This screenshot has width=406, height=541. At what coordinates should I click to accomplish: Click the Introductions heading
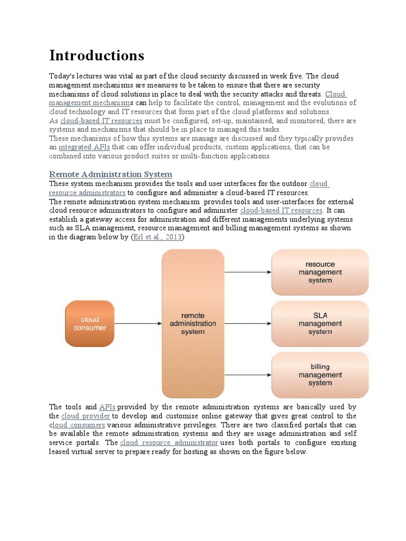(96, 55)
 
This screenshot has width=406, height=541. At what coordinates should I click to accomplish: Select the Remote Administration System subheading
(110, 174)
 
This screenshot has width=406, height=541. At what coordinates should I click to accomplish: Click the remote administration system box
(192, 323)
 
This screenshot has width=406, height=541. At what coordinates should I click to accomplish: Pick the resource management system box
(320, 272)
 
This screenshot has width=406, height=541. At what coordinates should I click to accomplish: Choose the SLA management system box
(320, 323)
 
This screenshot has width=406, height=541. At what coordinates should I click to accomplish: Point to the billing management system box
(320, 375)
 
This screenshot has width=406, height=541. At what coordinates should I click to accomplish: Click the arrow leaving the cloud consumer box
(137, 323)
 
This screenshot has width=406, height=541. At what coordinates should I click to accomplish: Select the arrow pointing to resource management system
(247, 272)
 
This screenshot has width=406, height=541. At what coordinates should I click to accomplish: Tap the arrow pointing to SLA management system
(247, 323)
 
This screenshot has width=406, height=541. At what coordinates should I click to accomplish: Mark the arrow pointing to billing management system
(247, 375)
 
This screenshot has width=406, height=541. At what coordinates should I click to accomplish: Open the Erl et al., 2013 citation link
(157, 237)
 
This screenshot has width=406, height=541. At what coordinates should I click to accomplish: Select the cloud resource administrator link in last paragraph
(169, 442)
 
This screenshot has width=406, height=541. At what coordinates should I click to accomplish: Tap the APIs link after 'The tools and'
(107, 407)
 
